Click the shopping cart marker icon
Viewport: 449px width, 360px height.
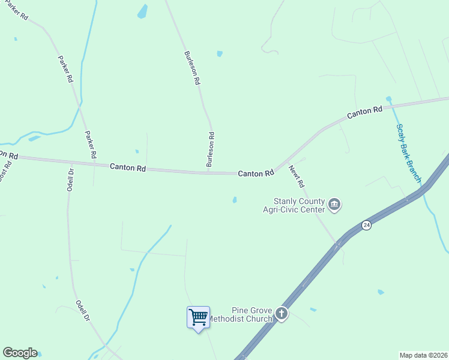click(198, 316)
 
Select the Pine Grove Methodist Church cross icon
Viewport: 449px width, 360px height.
click(281, 313)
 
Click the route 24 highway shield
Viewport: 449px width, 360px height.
click(366, 225)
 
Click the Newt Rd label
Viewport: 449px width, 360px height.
click(297, 176)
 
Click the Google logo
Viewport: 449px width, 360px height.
click(20, 353)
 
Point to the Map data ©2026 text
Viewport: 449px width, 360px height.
click(423, 355)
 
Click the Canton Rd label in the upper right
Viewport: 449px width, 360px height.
click(365, 111)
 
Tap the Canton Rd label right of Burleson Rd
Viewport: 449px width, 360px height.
click(256, 173)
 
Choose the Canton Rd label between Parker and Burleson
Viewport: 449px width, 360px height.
click(128, 168)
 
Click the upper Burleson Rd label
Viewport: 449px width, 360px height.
click(192, 67)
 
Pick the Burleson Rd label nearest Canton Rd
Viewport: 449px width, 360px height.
click(210, 149)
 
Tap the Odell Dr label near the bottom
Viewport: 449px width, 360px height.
click(83, 310)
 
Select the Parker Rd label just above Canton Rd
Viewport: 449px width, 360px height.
click(90, 145)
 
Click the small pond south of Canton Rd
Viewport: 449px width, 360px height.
click(234, 200)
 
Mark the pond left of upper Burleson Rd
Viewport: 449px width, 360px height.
click(142, 11)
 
